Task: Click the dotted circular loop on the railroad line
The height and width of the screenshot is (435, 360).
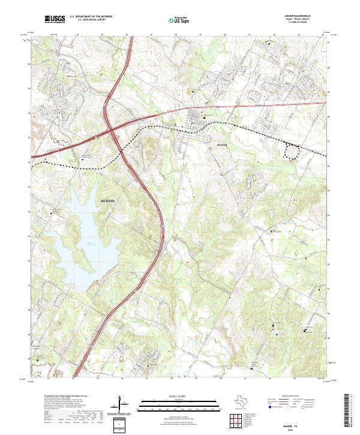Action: pyautogui.click(x=292, y=152)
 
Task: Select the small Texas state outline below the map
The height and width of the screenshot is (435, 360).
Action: pyautogui.click(x=242, y=401)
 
